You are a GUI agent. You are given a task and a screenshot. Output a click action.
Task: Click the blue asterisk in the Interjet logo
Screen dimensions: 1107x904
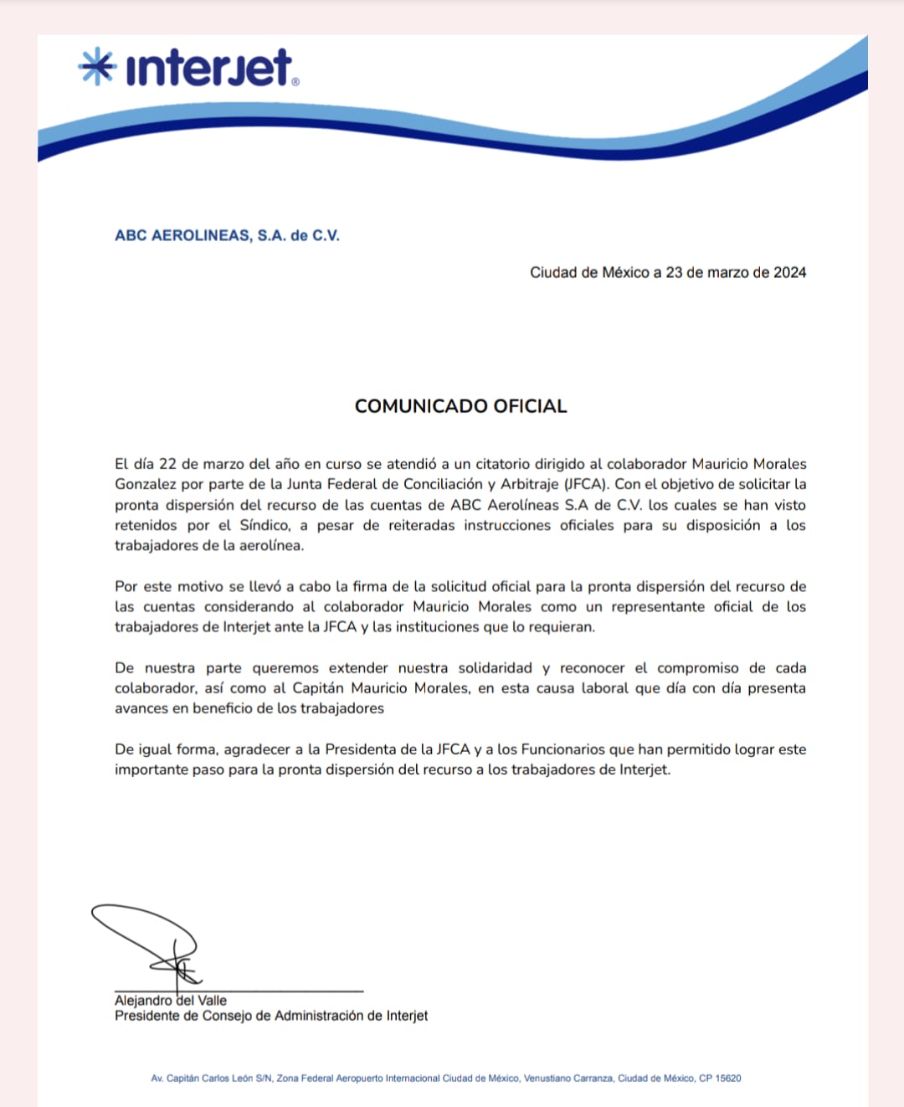tap(96, 66)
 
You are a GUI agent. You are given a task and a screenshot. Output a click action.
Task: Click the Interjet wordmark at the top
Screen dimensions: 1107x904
tap(209, 68)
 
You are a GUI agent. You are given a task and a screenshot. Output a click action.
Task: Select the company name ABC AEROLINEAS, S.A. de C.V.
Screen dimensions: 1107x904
tap(227, 235)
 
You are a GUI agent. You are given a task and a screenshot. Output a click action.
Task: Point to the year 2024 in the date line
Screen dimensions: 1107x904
tap(789, 272)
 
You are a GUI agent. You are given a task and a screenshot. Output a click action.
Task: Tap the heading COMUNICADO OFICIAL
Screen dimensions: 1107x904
tap(460, 406)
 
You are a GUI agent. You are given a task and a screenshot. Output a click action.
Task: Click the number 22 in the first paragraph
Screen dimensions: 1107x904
tap(167, 464)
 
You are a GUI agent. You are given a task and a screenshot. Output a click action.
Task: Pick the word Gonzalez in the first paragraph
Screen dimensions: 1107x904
tap(146, 484)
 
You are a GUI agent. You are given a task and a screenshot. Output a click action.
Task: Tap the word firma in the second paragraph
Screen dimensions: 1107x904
tap(369, 586)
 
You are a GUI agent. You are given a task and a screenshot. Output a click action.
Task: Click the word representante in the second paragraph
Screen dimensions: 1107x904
tap(657, 606)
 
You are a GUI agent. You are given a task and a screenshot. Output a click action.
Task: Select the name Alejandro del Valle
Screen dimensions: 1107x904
tap(171, 1000)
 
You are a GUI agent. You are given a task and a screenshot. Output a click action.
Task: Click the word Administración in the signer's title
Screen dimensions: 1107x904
tap(319, 1016)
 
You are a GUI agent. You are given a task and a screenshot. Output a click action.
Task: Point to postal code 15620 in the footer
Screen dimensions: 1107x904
tap(728, 1079)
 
